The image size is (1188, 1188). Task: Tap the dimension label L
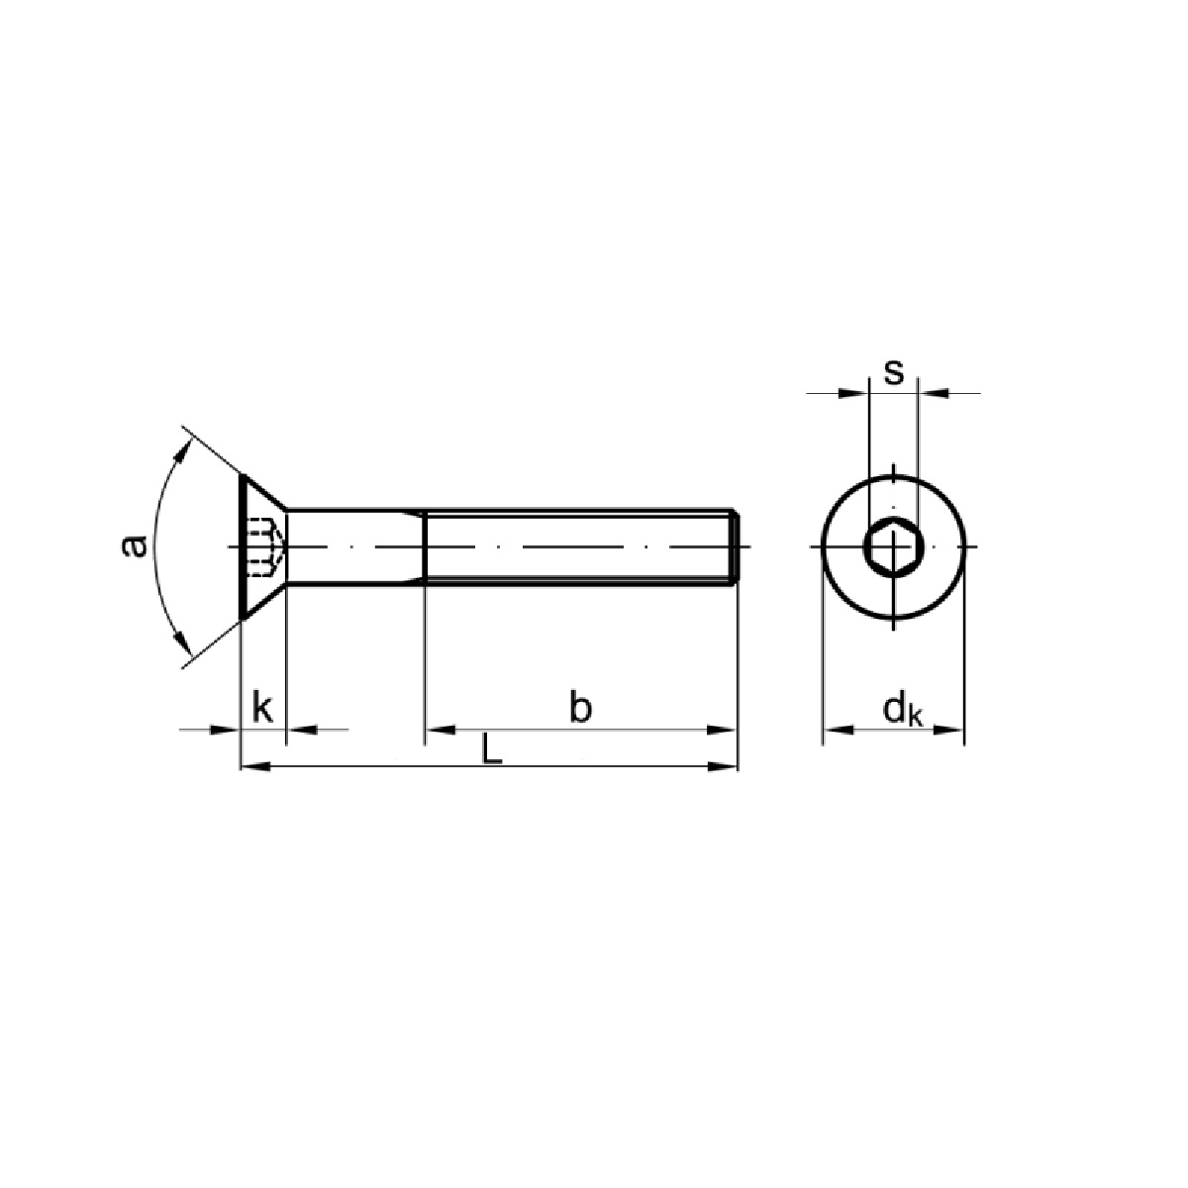[491, 749]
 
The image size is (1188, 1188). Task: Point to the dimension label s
[893, 372]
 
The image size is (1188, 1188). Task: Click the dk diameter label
[901, 710]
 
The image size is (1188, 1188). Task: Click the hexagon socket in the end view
[893, 546]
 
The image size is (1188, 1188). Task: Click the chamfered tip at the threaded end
[736, 546]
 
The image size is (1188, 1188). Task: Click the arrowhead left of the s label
[855, 394]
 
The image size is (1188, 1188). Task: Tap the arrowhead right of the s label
[932, 394]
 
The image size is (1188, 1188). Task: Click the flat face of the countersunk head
[243, 546]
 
